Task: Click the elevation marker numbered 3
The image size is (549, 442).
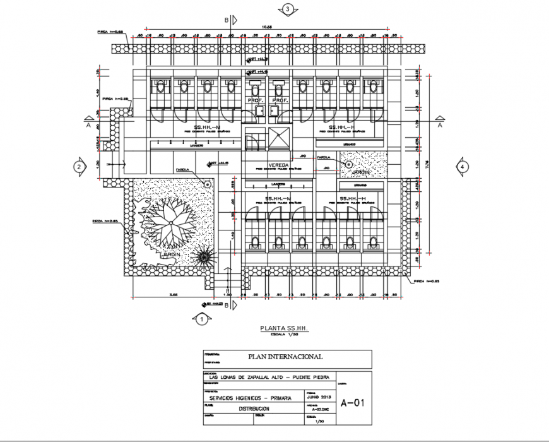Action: tap(288, 9)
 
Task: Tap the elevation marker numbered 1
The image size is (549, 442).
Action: tap(201, 320)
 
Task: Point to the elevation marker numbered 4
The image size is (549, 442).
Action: tap(463, 167)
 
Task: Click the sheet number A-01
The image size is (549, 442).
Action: tap(353, 403)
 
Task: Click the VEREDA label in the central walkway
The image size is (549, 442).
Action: tap(278, 165)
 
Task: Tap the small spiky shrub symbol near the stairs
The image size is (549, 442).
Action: tap(204, 258)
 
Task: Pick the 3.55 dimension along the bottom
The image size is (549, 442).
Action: tap(172, 295)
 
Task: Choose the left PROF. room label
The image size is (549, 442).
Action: tap(256, 100)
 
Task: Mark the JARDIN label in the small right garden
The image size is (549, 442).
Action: tap(360, 171)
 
